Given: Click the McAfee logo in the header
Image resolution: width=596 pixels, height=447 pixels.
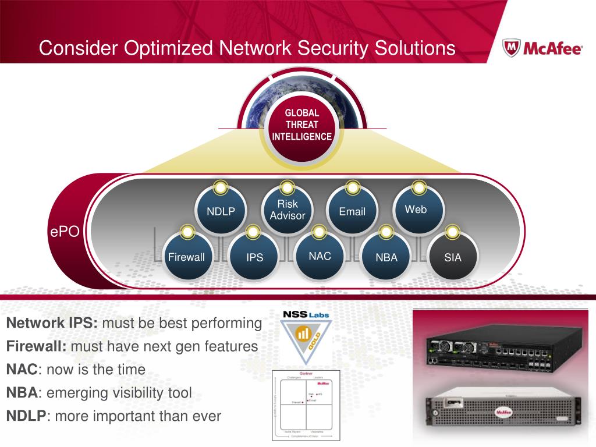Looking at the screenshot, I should point(542,48).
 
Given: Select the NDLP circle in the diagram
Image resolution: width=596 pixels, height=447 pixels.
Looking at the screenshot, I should point(221,211).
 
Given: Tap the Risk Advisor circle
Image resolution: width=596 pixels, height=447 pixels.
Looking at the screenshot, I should point(287,210).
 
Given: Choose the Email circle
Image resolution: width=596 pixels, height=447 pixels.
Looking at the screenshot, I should point(352,211).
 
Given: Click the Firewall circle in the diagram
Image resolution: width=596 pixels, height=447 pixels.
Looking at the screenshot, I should point(186,257).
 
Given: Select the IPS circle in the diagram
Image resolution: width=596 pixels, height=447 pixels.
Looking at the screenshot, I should point(254,257).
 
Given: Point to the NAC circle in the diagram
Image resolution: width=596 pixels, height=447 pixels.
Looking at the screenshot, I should point(320,256).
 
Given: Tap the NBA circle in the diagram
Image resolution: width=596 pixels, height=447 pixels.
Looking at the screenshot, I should point(386,257).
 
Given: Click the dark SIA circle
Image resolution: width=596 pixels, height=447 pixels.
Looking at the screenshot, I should point(452,257).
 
